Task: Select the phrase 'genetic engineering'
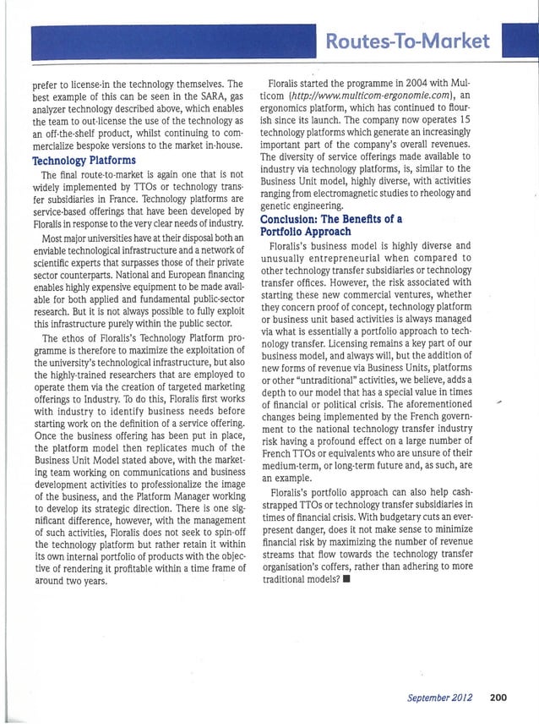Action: click(x=302, y=208)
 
